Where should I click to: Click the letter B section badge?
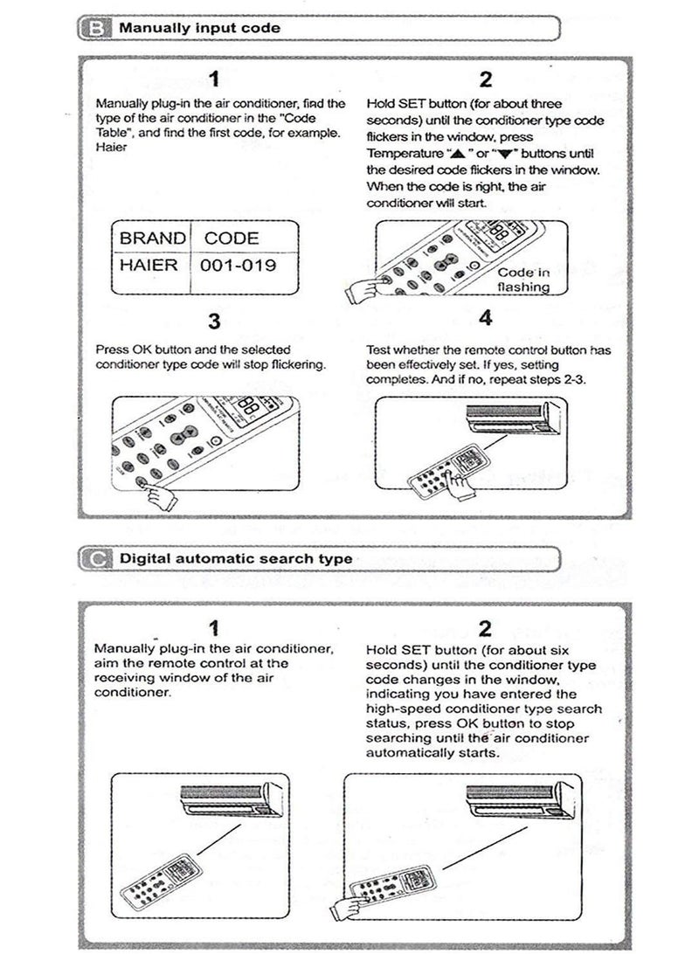point(94,28)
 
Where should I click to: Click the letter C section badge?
point(94,558)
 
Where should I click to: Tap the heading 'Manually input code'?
point(199,28)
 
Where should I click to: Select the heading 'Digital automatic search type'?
point(236,558)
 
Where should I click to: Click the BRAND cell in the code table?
point(152,238)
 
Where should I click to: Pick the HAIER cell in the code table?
point(152,266)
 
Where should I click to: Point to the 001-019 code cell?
point(239,266)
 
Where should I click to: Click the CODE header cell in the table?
point(232,238)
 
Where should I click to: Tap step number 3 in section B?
point(214,322)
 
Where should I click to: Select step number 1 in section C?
point(214,627)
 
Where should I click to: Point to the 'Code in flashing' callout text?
point(524,280)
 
